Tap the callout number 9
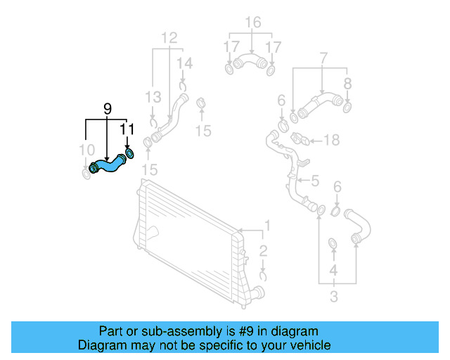pos(107,108)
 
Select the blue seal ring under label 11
pos(130,153)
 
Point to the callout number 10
pos(86,149)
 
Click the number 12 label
pos(169,37)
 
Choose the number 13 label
pos(153,96)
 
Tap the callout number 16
pos(251,22)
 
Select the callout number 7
pos(323,56)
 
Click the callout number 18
pos(330,140)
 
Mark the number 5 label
pos(314,181)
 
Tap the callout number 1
pos(266,226)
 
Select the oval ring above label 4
pos(333,244)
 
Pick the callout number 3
pos(333,297)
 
